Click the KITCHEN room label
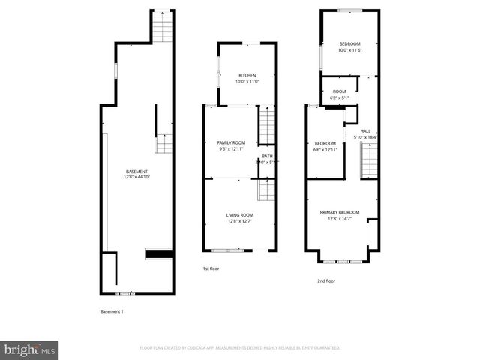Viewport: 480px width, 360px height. (247, 75)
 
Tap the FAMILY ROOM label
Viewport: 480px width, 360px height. (231, 142)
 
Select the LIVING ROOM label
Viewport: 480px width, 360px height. (240, 215)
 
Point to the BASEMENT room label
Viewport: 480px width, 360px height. (136, 172)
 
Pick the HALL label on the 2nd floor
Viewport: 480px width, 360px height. (365, 130)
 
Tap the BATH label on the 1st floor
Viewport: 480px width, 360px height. (267, 156)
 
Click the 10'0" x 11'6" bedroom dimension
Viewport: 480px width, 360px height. (349, 49)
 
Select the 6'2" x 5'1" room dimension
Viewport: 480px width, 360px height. (340, 97)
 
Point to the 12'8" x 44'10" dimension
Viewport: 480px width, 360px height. (136, 178)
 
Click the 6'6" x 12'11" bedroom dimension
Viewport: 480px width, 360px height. (325, 149)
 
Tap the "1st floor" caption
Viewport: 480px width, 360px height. (211, 268)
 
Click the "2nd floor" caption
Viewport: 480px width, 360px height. (325, 280)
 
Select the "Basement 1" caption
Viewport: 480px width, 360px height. (112, 311)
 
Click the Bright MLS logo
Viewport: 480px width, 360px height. (30, 349)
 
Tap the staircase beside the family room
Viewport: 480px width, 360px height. (267, 125)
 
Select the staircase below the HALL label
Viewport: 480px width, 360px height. (368, 161)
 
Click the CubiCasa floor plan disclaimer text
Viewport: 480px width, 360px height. (240, 348)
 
